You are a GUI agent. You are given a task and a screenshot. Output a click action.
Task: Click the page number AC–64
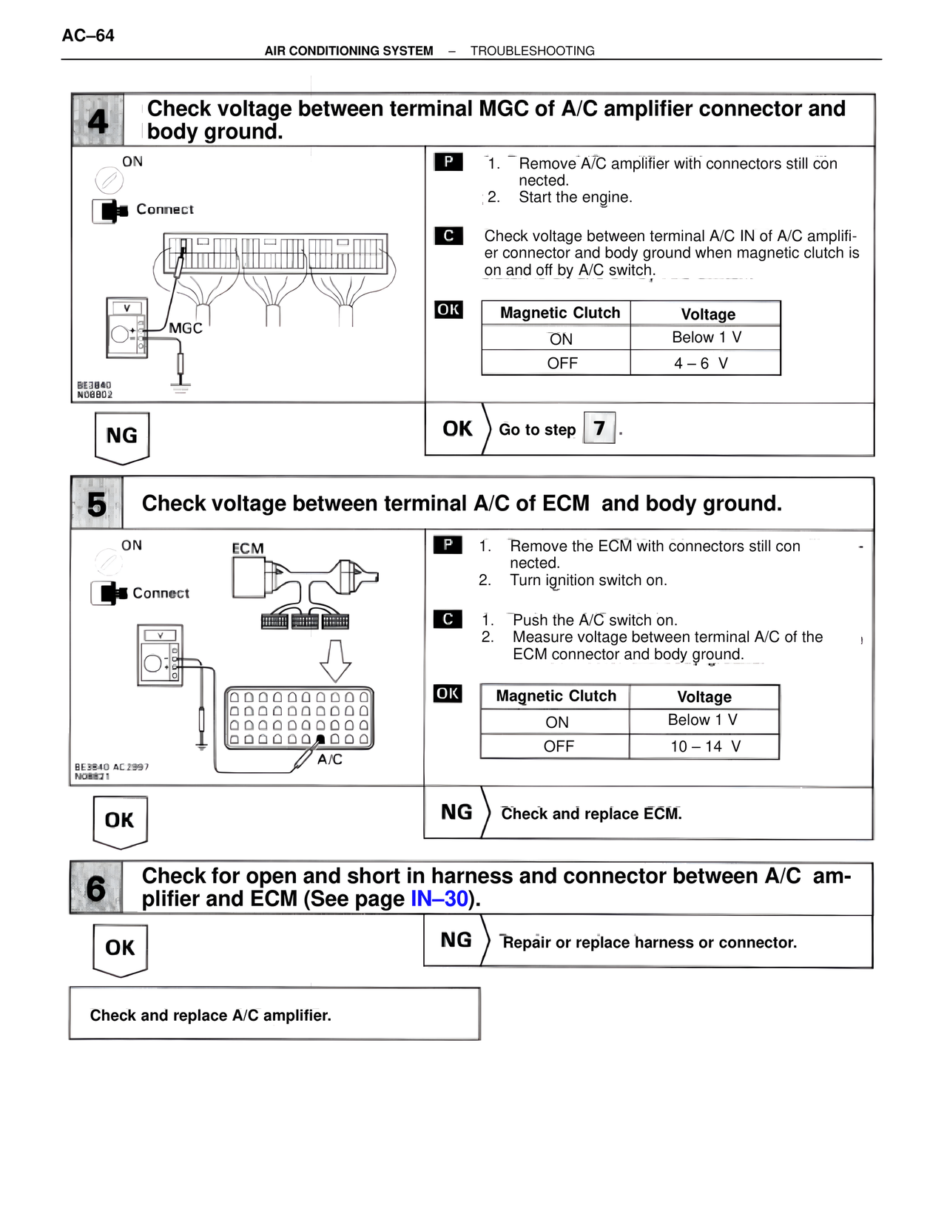tap(88, 36)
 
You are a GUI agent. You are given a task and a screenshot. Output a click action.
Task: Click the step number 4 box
tap(98, 120)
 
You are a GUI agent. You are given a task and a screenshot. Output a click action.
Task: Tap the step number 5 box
tap(97, 504)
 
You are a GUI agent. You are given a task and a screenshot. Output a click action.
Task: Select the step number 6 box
tap(96, 888)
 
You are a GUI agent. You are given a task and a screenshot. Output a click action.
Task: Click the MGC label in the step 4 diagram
tap(186, 328)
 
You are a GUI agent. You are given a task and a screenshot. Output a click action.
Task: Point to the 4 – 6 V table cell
tap(701, 363)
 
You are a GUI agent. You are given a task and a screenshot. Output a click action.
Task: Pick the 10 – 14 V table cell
tap(705, 746)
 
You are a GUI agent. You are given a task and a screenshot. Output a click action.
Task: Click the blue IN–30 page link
tap(439, 899)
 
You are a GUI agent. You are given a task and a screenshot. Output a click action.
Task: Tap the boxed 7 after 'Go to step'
tap(599, 428)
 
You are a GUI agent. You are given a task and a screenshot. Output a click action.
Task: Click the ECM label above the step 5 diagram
tap(248, 548)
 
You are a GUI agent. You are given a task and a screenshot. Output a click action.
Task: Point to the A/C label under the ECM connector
tap(330, 760)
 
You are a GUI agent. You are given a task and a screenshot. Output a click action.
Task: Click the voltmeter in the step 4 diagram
tap(127, 328)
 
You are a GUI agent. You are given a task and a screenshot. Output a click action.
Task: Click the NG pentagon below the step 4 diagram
tap(122, 436)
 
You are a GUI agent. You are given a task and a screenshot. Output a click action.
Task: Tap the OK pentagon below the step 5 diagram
tap(120, 820)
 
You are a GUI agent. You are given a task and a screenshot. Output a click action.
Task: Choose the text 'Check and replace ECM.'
tap(591, 814)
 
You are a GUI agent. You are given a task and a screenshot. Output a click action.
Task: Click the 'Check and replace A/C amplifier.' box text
tap(211, 1016)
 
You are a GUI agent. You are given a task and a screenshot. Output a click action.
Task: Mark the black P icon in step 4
tap(448, 162)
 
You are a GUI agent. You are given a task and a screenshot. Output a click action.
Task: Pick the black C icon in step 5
tap(448, 619)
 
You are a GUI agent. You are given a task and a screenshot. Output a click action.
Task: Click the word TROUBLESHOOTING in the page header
tap(532, 51)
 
